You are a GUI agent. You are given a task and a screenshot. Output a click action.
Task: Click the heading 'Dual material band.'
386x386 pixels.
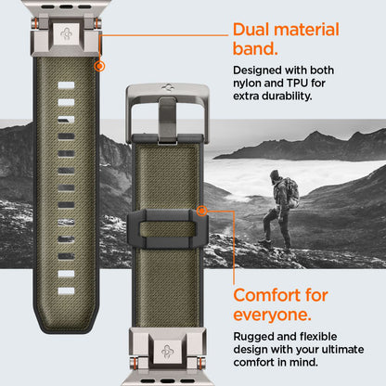coord(292,39)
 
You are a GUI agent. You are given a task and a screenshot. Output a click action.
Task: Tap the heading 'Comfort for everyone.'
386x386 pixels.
coord(280,305)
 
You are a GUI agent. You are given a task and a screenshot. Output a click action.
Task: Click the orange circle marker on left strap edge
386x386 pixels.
coord(99,66)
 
